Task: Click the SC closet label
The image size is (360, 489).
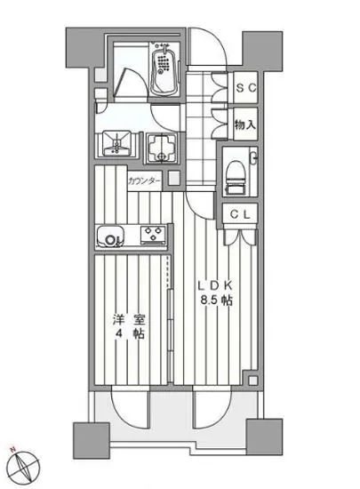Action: pos(246,88)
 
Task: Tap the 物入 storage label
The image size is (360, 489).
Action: pos(246,125)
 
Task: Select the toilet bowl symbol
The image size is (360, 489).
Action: pos(236,172)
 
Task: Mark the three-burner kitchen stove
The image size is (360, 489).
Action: pos(152,236)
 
